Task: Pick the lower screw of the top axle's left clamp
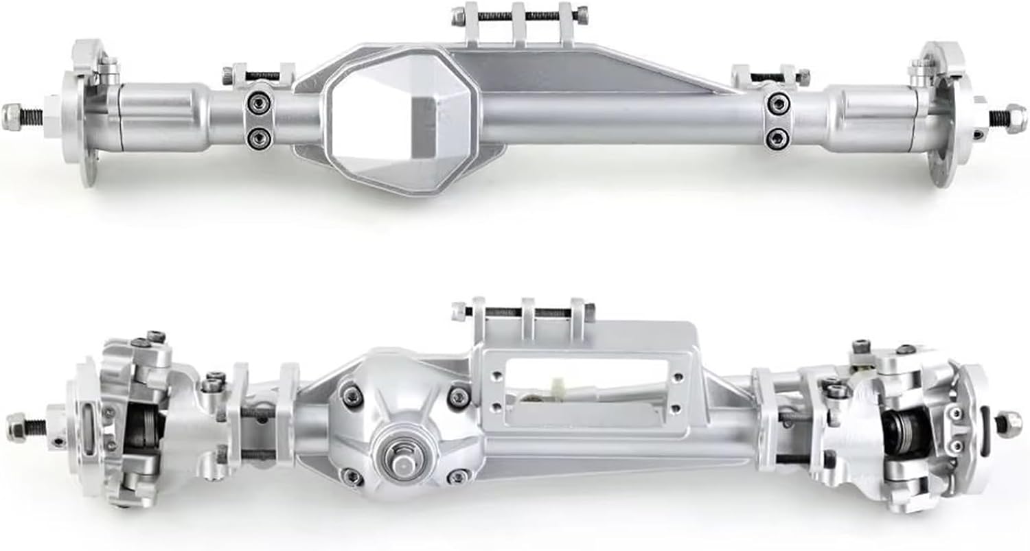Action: coord(260,137)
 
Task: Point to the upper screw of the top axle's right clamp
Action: coord(777,104)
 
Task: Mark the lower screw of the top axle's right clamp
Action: coord(777,137)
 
